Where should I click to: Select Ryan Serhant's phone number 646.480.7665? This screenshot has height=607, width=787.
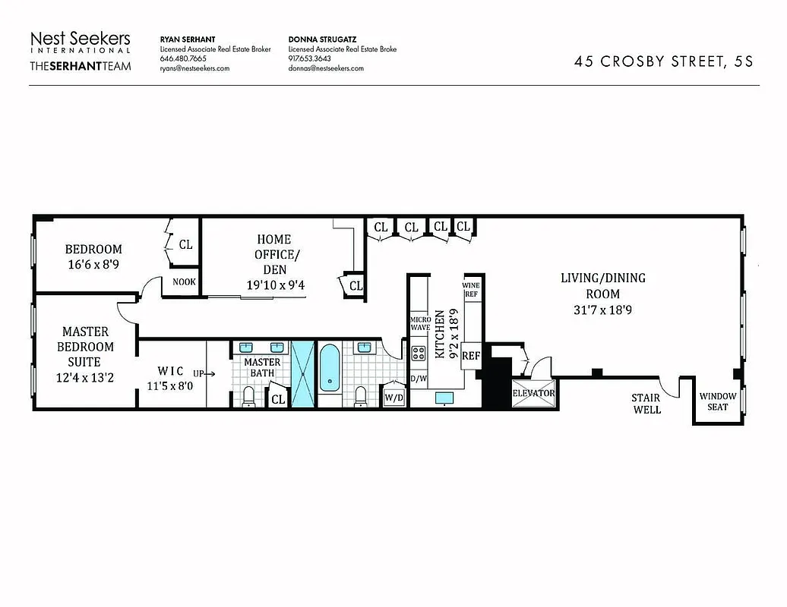(182, 58)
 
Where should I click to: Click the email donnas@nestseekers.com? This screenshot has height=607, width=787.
(326, 68)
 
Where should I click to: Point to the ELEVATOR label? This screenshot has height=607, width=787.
(534, 394)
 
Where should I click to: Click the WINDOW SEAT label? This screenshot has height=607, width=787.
(717, 401)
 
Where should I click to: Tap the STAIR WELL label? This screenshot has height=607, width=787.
(646, 404)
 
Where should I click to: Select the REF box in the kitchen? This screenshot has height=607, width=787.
(471, 355)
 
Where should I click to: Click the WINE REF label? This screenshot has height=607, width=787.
(471, 289)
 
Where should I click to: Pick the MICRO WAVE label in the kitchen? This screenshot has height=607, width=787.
(420, 323)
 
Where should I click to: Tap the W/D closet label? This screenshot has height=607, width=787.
(393, 397)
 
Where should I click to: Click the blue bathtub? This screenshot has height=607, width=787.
(330, 369)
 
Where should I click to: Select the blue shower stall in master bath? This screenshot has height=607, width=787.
(302, 375)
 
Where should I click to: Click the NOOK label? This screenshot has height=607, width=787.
(184, 281)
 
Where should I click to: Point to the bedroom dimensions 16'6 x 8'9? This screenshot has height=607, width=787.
(93, 265)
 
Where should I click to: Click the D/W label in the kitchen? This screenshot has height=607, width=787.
(418, 378)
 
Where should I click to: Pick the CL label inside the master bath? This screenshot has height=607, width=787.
(278, 398)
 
